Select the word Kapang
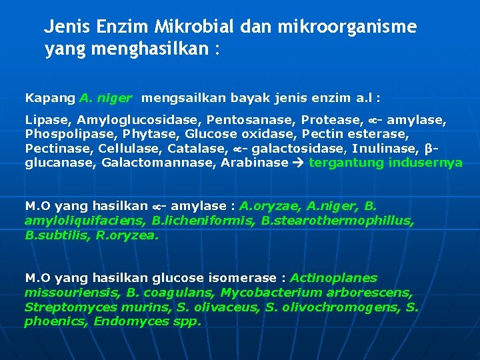click(50, 98)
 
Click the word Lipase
click(48, 120)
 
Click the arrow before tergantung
click(301, 163)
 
